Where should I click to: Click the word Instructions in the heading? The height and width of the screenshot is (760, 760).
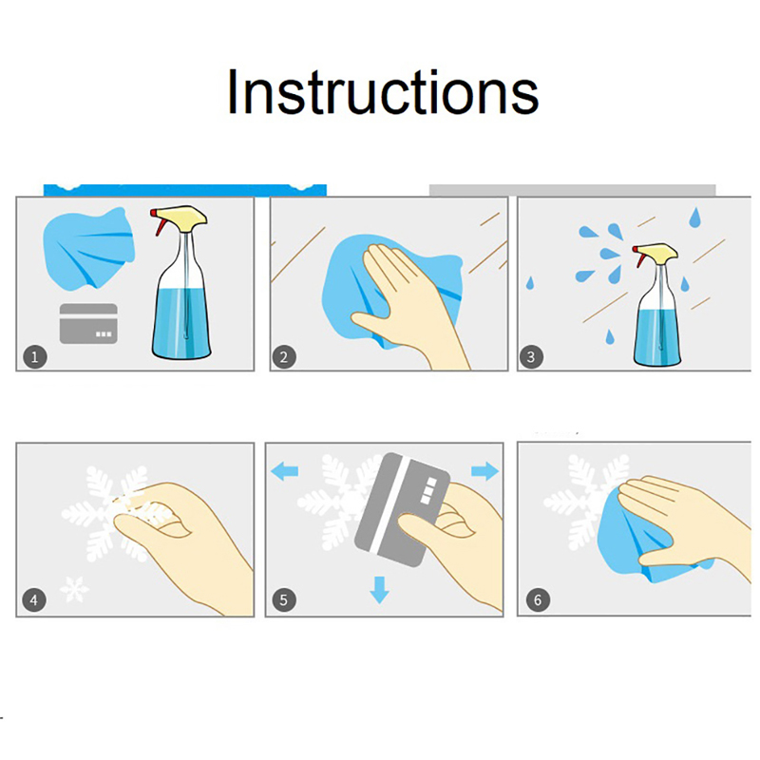coord(383,92)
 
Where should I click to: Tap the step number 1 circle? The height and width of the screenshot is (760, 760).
coord(35,357)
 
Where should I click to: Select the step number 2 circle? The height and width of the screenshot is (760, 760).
coord(284,357)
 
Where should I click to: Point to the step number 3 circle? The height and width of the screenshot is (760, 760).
coord(531,357)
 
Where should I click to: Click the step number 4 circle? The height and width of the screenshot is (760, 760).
coord(34,600)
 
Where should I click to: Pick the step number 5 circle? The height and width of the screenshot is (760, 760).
coord(284,600)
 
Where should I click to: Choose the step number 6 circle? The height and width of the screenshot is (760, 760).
coord(538,600)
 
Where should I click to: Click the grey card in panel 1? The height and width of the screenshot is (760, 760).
coord(88,324)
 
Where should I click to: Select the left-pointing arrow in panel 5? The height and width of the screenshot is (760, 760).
coord(284,471)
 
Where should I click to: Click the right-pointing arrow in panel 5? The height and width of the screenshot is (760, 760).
coord(484,470)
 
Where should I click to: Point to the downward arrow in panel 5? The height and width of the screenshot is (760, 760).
coord(379,590)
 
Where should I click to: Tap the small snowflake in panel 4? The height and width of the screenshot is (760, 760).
coord(75,590)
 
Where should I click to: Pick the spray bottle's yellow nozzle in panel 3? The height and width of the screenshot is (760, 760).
coord(655,252)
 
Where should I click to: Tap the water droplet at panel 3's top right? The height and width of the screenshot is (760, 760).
coord(695,218)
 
